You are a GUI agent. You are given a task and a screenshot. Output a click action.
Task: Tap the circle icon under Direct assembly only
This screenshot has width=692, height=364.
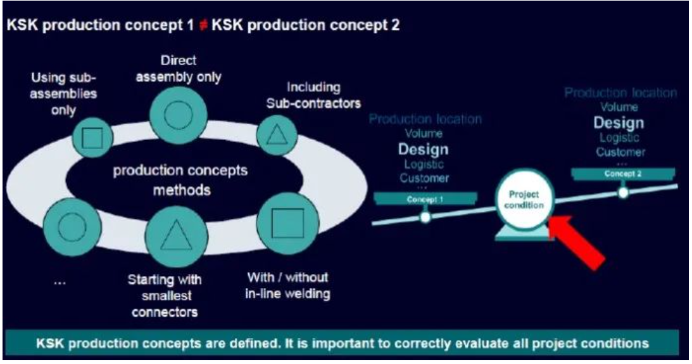174,116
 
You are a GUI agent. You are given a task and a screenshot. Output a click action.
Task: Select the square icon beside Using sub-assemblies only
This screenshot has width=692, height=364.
93,138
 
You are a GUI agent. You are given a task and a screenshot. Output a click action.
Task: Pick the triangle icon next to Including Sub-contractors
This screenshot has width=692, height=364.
274,134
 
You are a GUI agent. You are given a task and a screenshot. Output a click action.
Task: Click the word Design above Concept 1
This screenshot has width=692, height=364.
424,150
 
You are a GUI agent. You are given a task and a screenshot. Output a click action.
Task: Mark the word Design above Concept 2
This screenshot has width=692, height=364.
619,122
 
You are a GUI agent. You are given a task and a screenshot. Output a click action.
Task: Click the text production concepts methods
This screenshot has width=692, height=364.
181,181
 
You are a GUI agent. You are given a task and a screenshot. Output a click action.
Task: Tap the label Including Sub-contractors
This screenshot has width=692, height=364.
313,95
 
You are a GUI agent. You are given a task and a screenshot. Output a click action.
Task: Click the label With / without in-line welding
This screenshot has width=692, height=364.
288,286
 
